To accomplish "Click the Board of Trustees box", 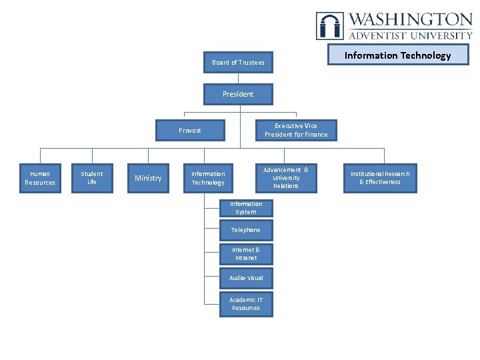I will (x=238, y=63).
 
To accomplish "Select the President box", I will (x=238, y=94).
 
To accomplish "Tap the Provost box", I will (x=190, y=130).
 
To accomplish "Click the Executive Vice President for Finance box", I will (x=296, y=130).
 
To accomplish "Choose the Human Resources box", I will (x=40, y=178).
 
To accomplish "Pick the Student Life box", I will (x=92, y=178).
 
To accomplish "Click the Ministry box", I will (x=148, y=178).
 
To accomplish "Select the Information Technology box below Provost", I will (x=208, y=178).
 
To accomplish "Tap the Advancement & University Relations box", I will (x=286, y=178).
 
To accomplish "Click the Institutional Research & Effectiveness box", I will (x=380, y=178).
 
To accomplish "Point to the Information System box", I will (x=246, y=208).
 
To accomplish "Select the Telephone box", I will (x=246, y=230).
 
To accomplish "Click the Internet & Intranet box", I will (x=246, y=254).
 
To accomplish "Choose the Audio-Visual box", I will (x=246, y=277).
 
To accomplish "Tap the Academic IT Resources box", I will (x=246, y=304).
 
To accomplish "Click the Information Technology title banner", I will (x=397, y=55).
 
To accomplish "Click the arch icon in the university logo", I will (x=330, y=26).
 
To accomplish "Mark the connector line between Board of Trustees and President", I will (x=238, y=78).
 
